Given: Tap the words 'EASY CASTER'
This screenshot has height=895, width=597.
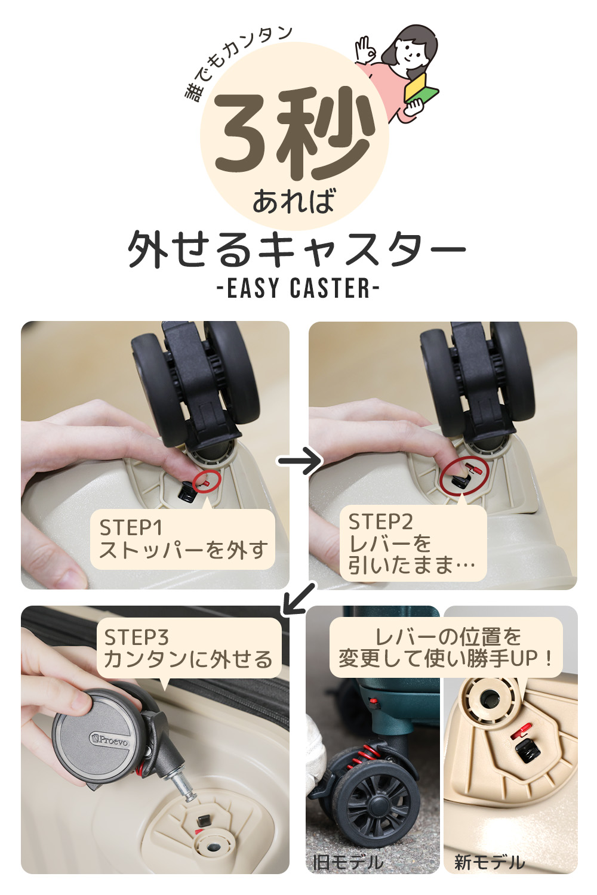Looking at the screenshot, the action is [298, 288].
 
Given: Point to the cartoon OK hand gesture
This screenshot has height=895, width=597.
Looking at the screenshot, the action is [365, 50].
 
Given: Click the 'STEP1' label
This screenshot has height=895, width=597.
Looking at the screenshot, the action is [131, 528].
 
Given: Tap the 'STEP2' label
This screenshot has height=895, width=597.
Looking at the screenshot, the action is [380, 522].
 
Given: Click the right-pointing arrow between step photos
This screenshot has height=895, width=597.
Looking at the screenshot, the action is [300, 461].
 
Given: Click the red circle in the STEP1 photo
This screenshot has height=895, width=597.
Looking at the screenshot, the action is [207, 481].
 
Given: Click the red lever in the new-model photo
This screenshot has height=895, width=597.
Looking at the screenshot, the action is [521, 731].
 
